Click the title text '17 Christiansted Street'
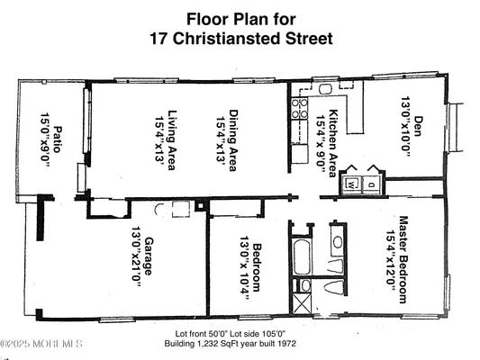coord(240,39)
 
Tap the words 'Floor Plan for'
coord(240,17)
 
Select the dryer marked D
coord(369,184)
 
